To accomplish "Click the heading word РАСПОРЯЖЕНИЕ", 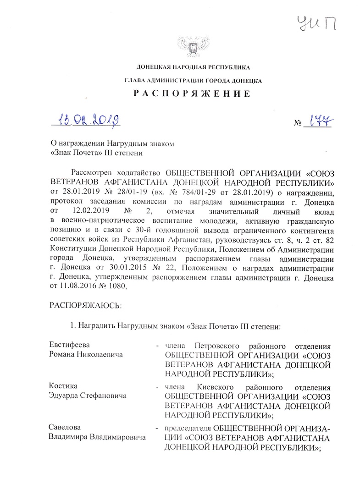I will pos(193,94).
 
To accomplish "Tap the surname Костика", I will pos(63,386).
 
